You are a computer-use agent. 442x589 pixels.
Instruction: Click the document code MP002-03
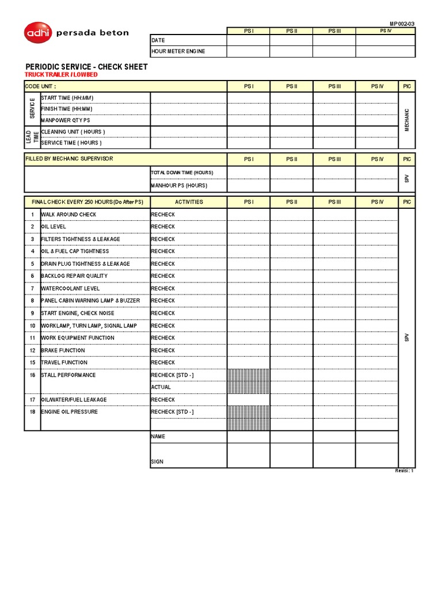[402, 24]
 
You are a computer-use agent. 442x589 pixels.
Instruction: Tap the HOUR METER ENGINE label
[178, 51]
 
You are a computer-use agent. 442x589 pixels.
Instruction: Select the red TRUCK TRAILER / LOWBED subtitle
[61, 75]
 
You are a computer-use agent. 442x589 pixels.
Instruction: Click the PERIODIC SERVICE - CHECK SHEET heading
[86, 67]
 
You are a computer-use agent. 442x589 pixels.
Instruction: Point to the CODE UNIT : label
[40, 86]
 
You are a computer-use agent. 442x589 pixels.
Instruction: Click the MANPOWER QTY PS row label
[66, 120]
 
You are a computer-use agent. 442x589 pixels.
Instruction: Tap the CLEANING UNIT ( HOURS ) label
[73, 132]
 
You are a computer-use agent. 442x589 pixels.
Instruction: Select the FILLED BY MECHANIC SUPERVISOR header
[69, 159]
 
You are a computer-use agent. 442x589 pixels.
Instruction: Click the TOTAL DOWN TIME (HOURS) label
[182, 173]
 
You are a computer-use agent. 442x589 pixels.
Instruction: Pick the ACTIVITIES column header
[189, 202]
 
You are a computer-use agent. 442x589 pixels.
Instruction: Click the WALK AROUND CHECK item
[68, 215]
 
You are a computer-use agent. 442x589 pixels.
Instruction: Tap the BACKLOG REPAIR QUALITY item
[74, 276]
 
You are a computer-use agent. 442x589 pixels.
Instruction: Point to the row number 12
[33, 350]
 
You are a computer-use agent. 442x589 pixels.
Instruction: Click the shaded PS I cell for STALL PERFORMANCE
[249, 381]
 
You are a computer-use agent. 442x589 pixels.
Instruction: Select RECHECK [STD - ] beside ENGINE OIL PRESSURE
[172, 412]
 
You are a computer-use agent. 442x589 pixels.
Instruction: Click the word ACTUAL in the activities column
[161, 387]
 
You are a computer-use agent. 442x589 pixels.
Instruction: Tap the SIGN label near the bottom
[157, 461]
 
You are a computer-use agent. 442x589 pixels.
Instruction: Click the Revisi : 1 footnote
[404, 471]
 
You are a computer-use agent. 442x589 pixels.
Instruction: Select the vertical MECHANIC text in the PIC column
[407, 120]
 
